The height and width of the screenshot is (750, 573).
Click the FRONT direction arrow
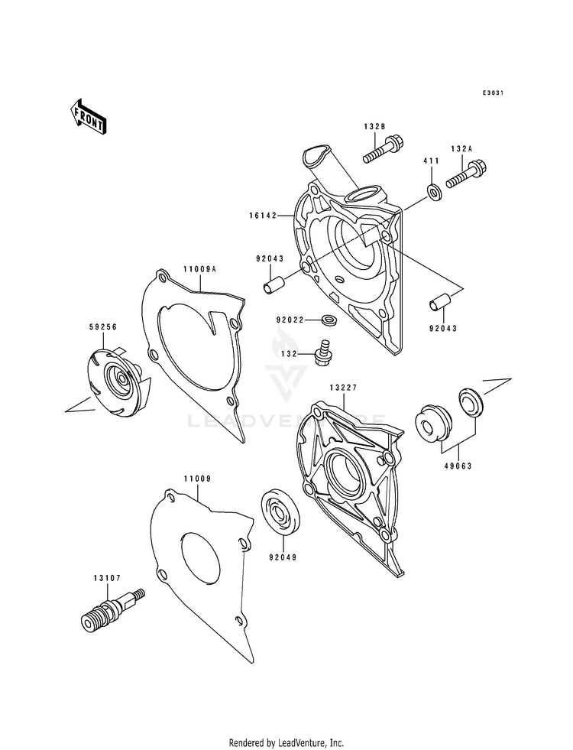(x=89, y=117)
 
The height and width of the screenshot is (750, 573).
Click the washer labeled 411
(x=432, y=191)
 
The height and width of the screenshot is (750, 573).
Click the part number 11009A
(x=199, y=269)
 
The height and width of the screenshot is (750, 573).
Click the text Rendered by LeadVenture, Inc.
(x=286, y=742)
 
